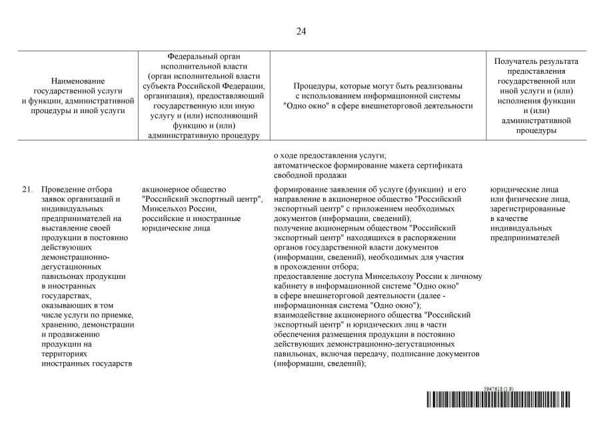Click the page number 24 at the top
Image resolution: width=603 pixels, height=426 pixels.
(301, 31)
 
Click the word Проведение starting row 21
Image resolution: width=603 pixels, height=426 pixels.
(67, 190)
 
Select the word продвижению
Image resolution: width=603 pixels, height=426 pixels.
(77, 334)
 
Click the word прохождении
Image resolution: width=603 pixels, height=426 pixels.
(307, 266)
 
